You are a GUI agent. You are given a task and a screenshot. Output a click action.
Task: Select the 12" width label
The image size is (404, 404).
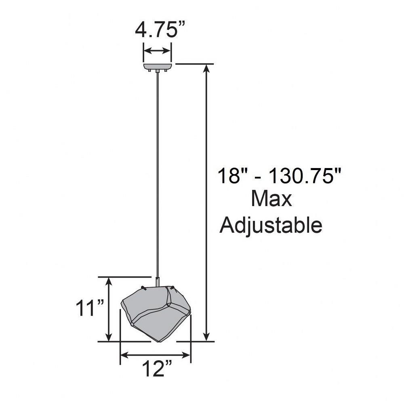(x=157, y=369)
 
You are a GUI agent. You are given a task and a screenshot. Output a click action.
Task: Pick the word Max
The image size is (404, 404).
(x=271, y=198)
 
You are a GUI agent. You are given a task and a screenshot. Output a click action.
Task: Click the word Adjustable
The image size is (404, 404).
(x=271, y=225)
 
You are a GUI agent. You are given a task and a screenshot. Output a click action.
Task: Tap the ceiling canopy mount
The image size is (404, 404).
(x=158, y=67)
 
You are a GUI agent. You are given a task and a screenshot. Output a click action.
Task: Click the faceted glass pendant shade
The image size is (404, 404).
(x=156, y=313)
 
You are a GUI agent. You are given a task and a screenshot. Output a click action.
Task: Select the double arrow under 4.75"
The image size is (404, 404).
(x=158, y=50)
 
